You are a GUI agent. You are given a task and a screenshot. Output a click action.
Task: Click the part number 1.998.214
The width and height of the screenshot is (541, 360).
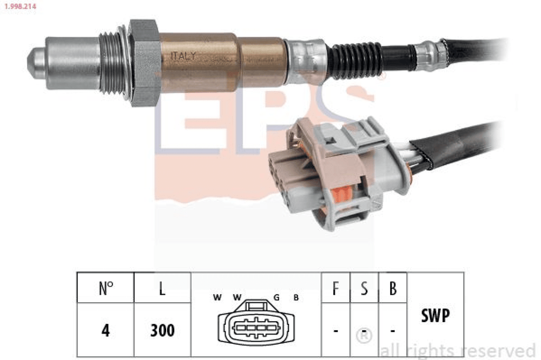coord(20,6)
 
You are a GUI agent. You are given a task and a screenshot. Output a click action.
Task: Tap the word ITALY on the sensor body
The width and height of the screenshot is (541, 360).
coord(183,56)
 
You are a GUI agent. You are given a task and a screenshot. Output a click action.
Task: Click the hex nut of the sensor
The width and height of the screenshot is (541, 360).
coord(144,62)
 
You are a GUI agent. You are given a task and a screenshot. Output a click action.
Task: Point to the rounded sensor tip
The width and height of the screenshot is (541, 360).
coord(36,63)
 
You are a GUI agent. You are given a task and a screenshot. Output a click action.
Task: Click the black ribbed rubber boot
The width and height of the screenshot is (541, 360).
coord(355,61)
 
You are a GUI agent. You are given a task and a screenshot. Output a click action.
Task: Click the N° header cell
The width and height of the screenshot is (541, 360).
coord(105,288)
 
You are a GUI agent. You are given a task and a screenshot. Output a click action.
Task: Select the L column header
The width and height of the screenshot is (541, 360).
coord(162,288)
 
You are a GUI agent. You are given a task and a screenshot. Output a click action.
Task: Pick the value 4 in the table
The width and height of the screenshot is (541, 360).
coord(105,330)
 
